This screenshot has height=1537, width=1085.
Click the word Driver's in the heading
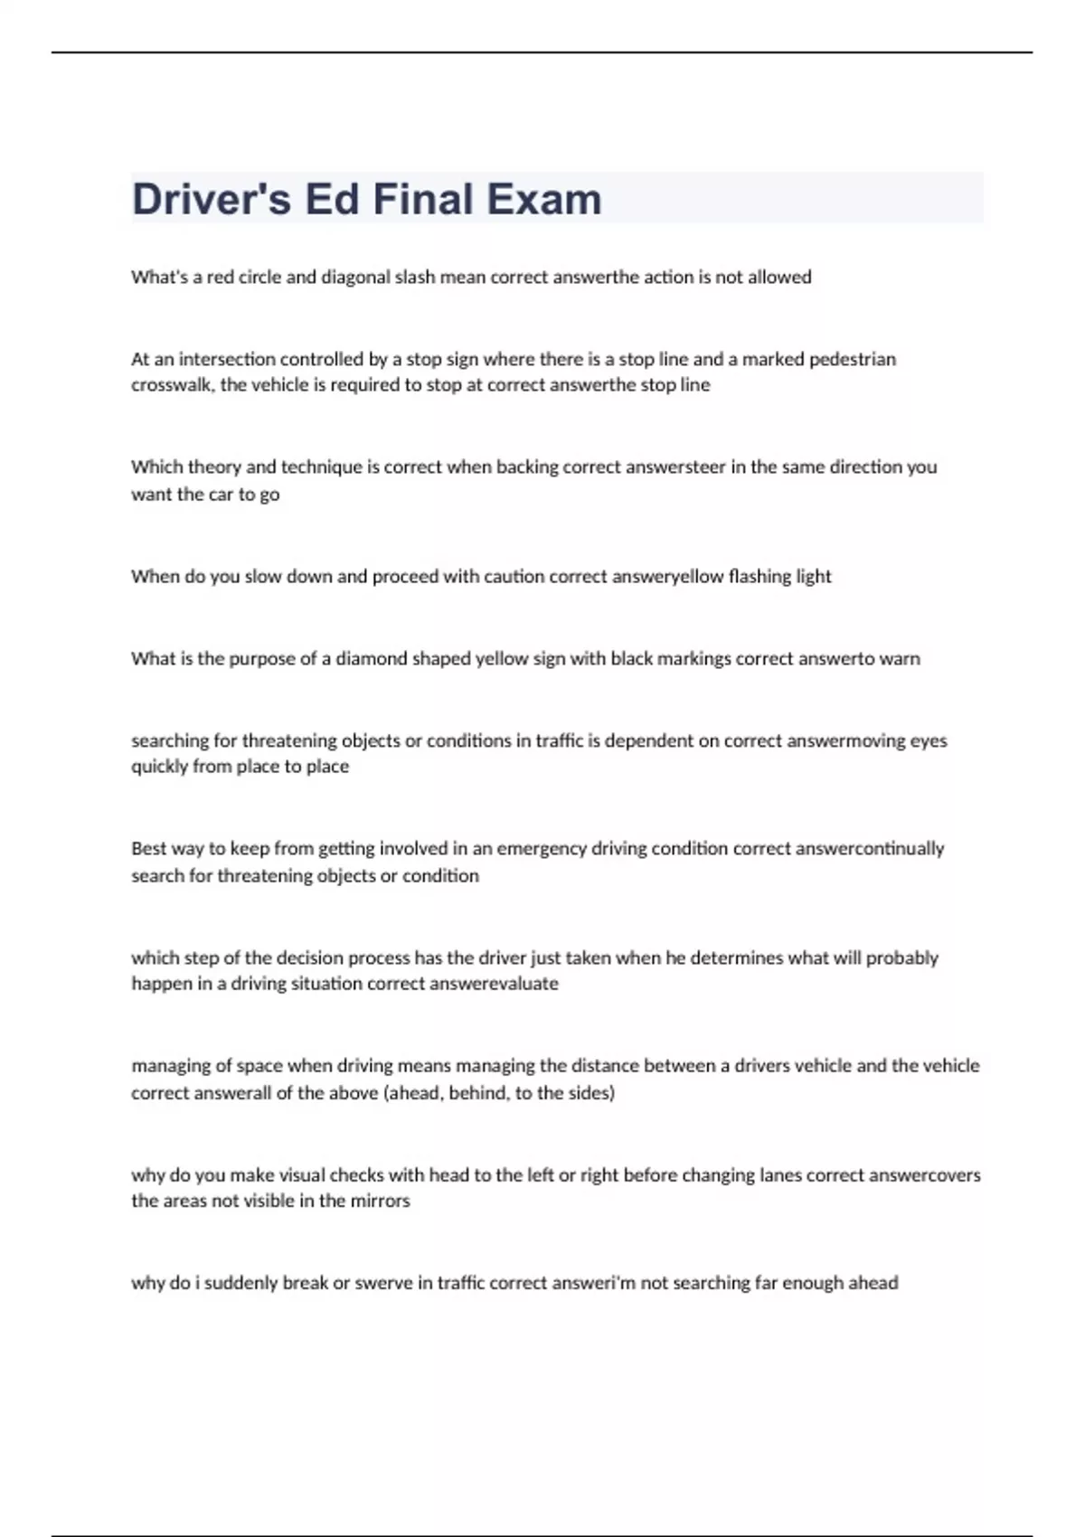tap(212, 199)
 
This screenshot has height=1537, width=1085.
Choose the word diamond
tap(372, 659)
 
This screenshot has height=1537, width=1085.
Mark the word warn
tap(900, 659)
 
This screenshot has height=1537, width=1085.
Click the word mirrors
tap(380, 1202)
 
